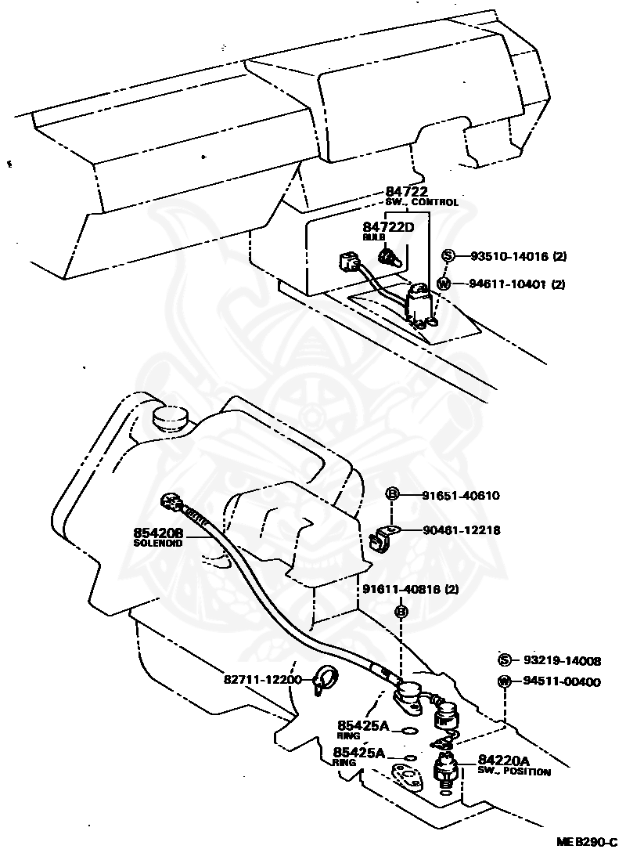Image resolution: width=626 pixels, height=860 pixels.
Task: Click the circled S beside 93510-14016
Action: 448,255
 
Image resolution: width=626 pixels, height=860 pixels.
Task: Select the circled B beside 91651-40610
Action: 394,494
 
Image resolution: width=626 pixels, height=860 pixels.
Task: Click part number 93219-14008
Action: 561,661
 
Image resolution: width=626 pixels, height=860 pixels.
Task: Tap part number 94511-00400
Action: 561,681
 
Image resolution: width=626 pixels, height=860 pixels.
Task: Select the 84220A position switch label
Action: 504,761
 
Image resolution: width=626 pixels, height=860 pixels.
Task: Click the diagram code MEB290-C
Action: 586,842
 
